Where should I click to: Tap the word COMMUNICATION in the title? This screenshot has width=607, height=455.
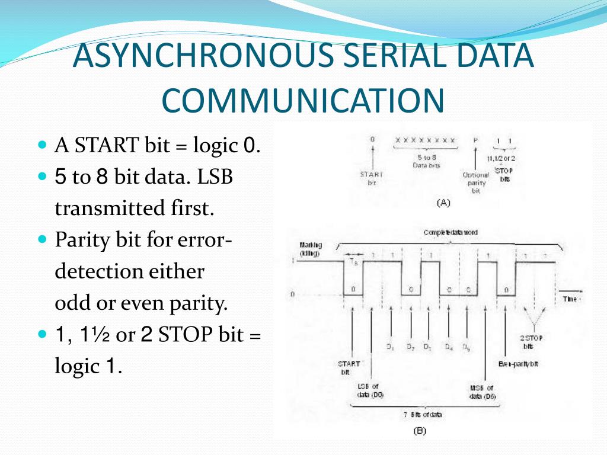303,101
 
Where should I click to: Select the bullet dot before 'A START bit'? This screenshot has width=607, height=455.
41,144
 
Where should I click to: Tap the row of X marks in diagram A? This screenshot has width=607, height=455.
426,140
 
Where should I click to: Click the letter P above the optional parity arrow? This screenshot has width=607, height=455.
475,140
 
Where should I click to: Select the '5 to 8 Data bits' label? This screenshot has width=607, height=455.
426,161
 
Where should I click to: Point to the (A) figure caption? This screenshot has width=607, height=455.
443,203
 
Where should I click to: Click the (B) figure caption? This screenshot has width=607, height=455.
419,431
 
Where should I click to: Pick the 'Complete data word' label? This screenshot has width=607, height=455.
451,232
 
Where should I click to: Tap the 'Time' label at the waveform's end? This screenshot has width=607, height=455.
571,299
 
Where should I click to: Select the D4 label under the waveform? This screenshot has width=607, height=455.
449,347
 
